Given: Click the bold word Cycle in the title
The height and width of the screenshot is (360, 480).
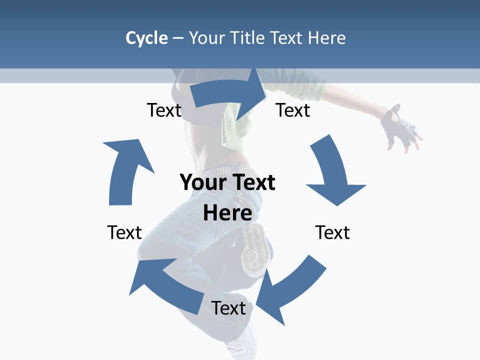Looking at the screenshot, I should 146,38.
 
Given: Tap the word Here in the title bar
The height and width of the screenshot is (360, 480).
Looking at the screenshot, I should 326,38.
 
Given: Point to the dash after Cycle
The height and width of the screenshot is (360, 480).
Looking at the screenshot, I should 178,38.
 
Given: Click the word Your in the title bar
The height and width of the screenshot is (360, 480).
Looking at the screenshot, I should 206,38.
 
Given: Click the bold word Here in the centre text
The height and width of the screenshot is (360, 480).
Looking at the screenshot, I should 227,213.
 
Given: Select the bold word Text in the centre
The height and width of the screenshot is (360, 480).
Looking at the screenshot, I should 252,182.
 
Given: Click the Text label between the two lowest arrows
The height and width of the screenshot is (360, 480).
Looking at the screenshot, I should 228,308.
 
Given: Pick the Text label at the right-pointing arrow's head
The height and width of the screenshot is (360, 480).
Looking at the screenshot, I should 293,110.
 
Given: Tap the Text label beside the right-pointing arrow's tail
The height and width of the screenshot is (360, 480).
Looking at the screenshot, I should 164,110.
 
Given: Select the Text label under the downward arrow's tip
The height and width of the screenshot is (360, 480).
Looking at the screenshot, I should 332,232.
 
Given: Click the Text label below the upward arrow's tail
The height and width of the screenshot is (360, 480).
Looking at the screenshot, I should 124,232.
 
